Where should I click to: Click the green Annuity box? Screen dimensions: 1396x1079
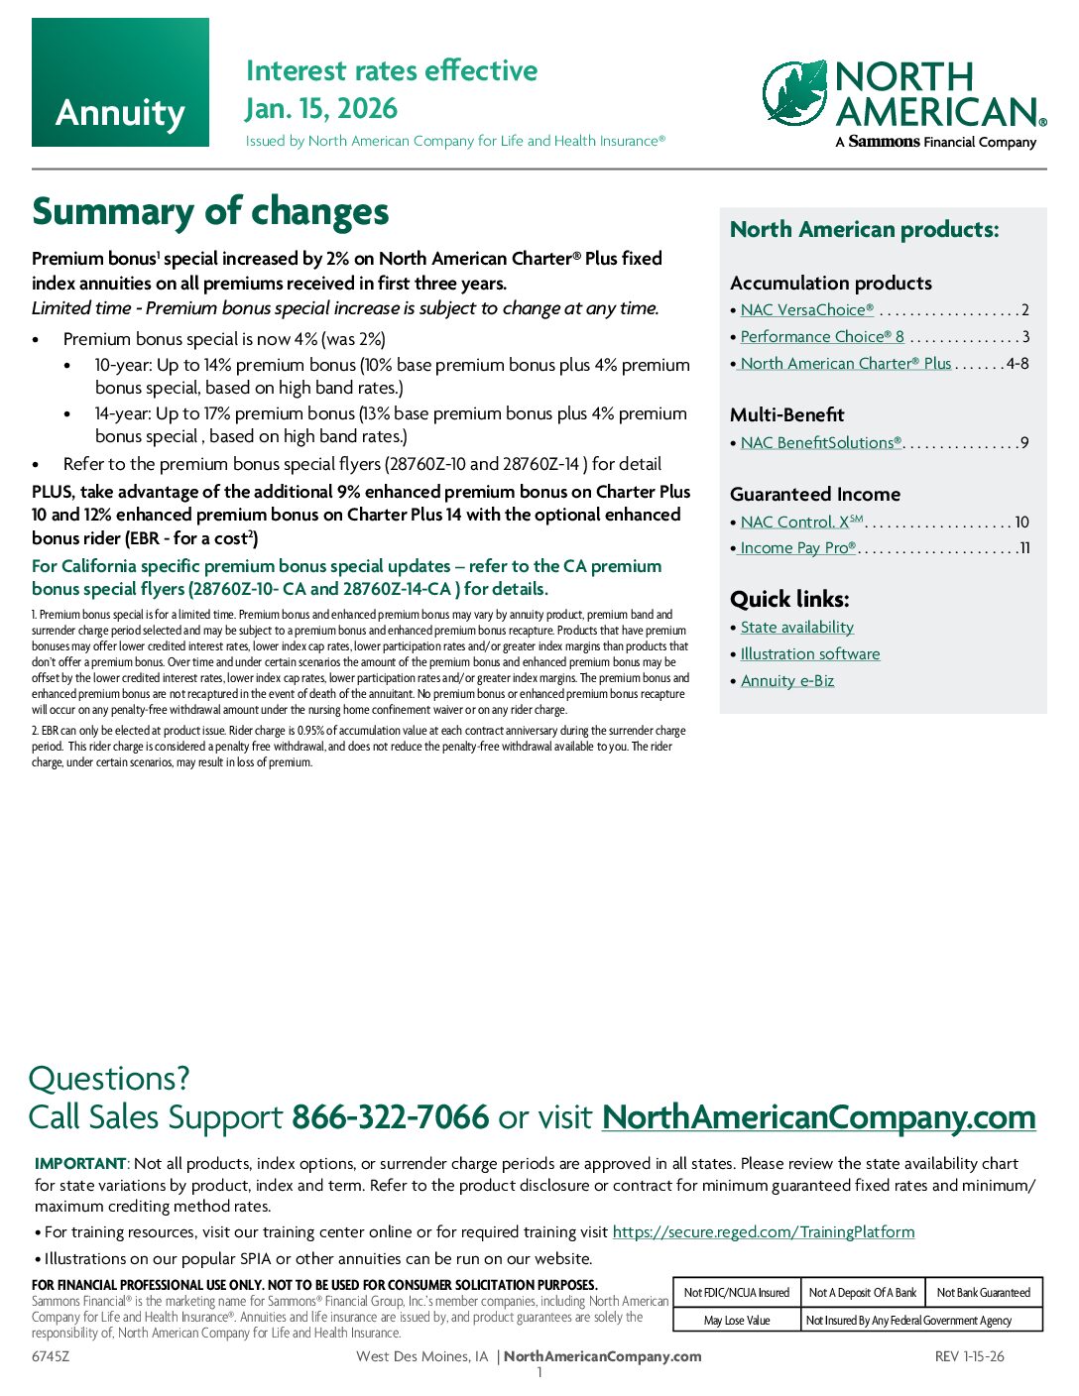coord(120,82)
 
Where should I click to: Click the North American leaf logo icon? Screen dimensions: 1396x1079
coord(795,92)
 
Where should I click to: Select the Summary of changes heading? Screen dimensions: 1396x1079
coord(210,211)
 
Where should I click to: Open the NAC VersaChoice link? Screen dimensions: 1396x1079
coord(806,310)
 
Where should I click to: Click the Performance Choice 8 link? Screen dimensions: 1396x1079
coord(821,337)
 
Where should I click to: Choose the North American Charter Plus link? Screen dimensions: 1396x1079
coord(845,364)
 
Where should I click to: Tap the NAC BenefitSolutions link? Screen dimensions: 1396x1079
coord(820,443)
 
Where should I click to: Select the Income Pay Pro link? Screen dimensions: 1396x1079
coord(797,548)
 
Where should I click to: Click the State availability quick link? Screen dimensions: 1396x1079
coord(796,628)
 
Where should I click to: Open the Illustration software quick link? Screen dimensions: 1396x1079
coord(809,654)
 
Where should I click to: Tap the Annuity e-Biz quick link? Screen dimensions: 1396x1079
coord(786,681)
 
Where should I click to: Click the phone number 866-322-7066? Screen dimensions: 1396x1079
coord(390,1117)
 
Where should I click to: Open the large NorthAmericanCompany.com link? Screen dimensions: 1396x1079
coord(818,1117)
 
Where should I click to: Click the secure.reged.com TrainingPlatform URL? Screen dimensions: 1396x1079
coord(763,1232)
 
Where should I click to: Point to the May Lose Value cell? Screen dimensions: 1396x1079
coord(736,1321)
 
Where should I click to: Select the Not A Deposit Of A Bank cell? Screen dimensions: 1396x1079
coord(862,1293)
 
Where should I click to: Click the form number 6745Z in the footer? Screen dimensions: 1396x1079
coord(51,1356)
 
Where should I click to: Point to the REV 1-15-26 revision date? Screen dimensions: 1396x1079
coord(969,1356)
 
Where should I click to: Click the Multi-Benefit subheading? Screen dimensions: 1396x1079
coord(786,415)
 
